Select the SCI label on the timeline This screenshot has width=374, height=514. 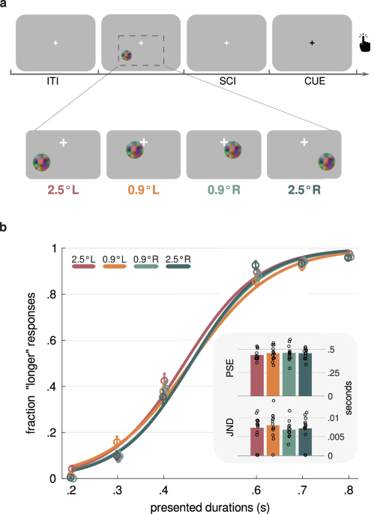pos(226,80)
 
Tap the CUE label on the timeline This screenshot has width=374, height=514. pos(311,80)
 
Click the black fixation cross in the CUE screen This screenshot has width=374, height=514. pos(312,43)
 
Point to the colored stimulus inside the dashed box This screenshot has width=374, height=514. pos(127,55)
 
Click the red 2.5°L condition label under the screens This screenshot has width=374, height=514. pos(63,190)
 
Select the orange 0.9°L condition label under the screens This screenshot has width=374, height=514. pos(143,190)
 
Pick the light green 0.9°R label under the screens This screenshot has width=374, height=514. pos(224,190)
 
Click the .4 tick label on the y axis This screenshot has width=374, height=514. pos(52,387)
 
